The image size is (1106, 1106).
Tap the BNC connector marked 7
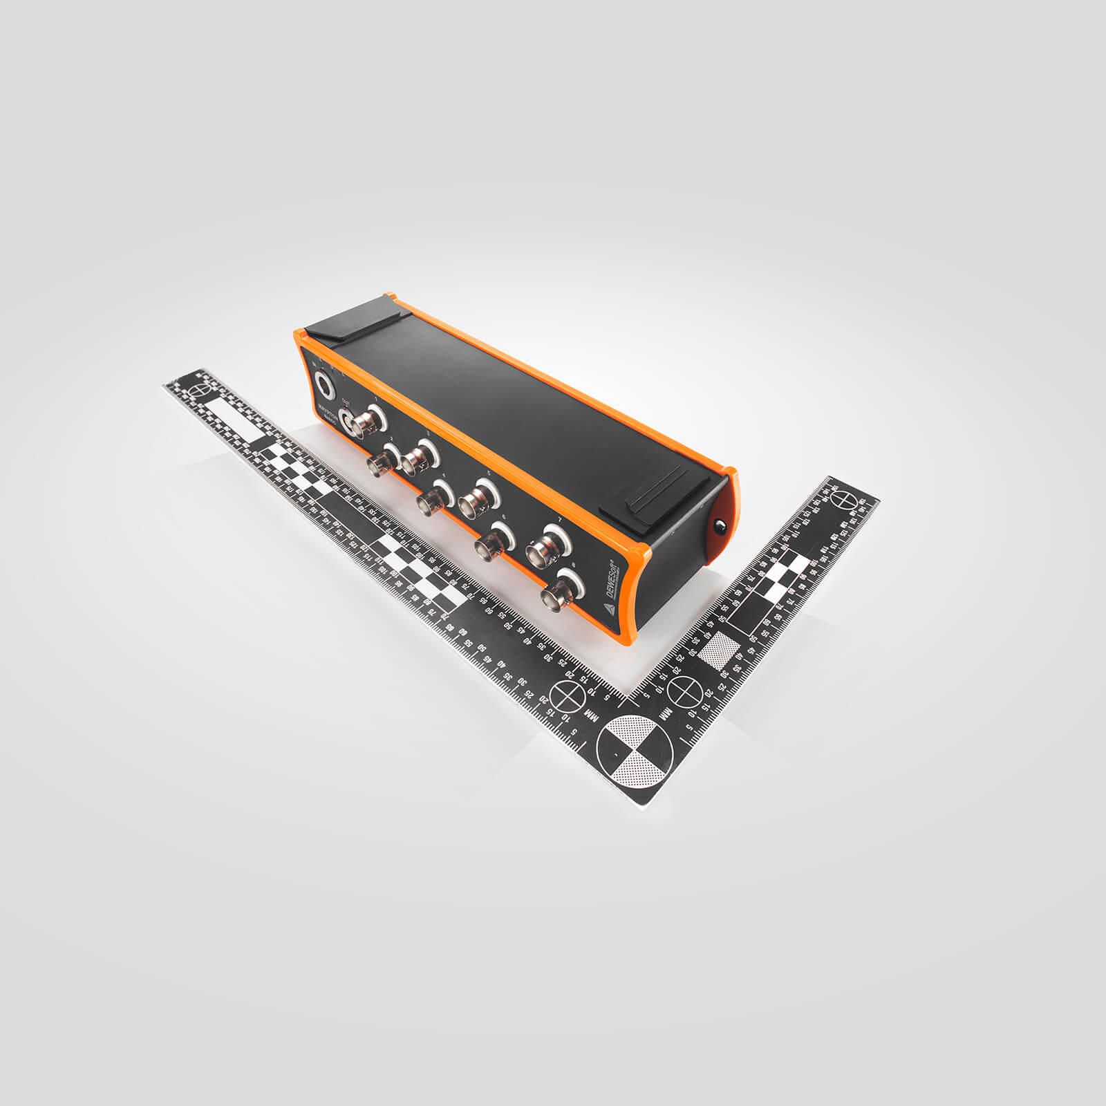pos(546,546)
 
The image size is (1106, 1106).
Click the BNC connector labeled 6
pos(494,541)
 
